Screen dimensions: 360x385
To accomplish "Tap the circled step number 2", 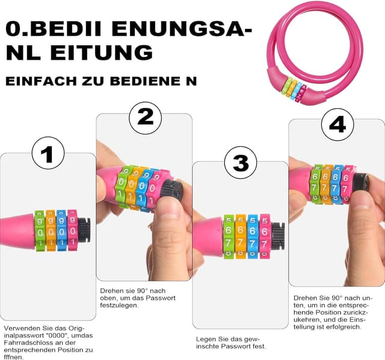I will pos(145,117).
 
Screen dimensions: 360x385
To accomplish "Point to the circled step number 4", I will pos(337,125).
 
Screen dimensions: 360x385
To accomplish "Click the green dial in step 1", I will pos(40,230).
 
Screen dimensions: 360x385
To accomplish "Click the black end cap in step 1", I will pos(84,230).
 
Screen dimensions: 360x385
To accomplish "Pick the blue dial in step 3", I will pos(252,236).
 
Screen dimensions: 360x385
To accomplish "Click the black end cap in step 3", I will pos(277,236).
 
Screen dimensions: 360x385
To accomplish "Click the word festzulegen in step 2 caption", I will pos(119,305).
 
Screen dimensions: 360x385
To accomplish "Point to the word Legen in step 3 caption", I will pos(206,338).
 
